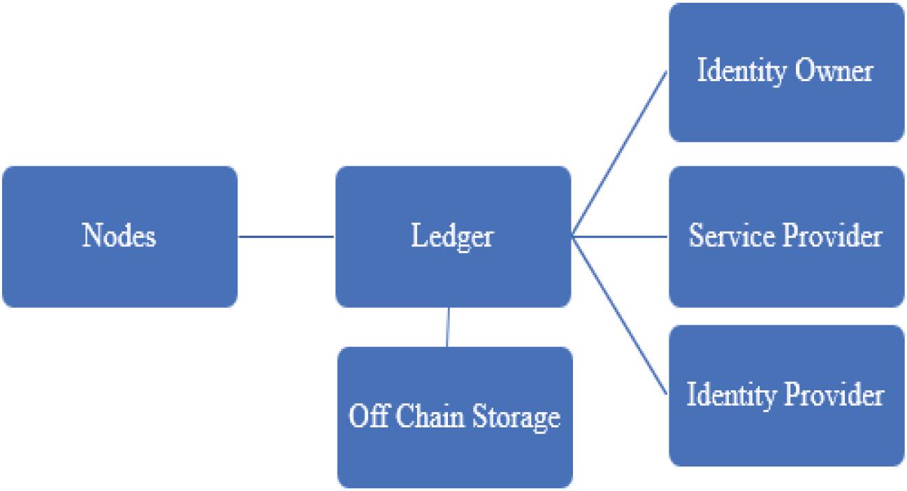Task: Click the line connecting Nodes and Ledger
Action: click(286, 236)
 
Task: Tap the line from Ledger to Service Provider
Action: click(621, 236)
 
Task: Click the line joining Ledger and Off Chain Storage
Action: click(448, 327)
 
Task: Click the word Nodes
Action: click(119, 236)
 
